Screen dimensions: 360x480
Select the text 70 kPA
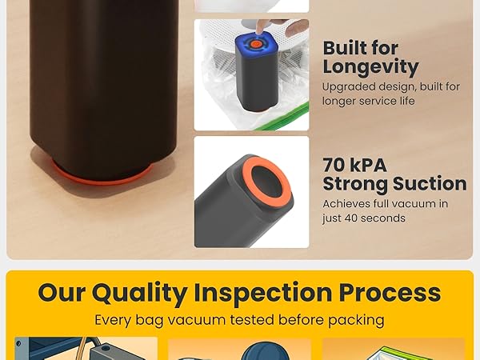(x=354, y=165)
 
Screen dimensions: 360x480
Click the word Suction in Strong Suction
(x=431, y=184)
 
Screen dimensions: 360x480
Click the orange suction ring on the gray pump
(x=255, y=180)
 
